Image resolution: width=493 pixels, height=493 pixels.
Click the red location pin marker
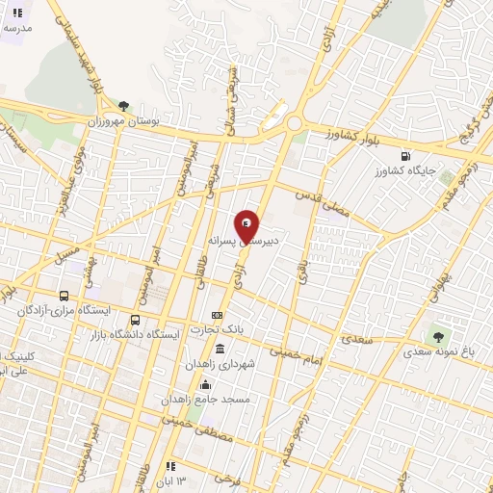[247, 226]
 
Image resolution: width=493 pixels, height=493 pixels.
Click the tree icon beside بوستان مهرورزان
[123, 105]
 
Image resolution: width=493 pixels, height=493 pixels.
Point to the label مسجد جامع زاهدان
[220, 398]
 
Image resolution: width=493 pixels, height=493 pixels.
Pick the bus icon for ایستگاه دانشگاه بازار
[135, 320]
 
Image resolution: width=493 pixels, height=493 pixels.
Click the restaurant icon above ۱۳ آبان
[169, 466]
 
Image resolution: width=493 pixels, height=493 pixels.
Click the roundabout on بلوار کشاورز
[295, 123]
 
